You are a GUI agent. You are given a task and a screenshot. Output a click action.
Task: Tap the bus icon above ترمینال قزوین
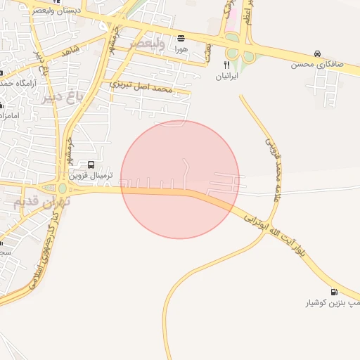pos(91,165)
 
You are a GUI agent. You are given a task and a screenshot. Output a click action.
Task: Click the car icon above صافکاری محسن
pos(318,53)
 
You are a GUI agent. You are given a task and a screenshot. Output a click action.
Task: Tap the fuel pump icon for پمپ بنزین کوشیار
pos(333,292)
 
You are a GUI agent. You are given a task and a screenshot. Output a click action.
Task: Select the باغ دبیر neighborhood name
pos(61,95)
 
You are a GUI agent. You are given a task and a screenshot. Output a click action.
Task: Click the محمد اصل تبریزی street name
pos(141,88)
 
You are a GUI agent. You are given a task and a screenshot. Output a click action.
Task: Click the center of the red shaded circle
pos(180,179)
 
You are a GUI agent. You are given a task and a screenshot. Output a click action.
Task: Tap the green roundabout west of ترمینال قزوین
pos(62,188)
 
